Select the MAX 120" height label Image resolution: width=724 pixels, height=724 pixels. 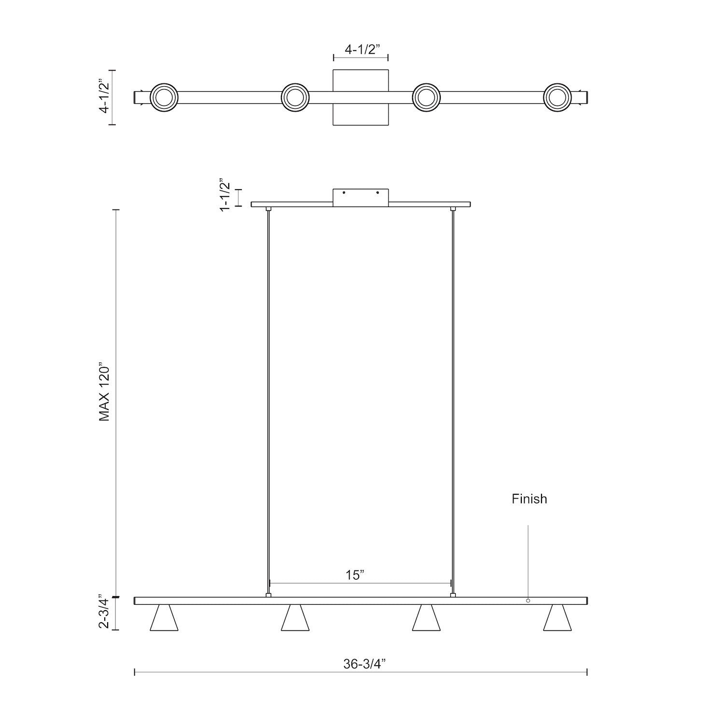coord(105,392)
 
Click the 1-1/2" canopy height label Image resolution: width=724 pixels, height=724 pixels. coord(225,195)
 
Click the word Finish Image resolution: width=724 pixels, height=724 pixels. coord(529,499)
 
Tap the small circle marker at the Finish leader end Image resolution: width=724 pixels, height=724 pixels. coord(528,600)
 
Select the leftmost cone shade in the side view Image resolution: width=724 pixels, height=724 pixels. coord(164,619)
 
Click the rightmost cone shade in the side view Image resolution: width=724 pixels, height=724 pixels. coord(557,619)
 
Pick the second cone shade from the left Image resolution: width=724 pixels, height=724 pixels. coord(295,619)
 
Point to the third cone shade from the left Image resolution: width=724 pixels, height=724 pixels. coord(426,619)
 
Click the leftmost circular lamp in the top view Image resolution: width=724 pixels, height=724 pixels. coord(164,97)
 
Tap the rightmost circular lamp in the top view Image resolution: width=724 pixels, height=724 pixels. coord(557,97)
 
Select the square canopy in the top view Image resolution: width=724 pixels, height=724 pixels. coord(361,115)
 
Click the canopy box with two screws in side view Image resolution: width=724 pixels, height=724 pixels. coord(361,197)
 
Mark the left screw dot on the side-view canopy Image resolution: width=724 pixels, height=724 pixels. coord(344,193)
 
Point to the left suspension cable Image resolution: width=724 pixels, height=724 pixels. coord(268,401)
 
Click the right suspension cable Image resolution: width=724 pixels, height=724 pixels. coord(453,401)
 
